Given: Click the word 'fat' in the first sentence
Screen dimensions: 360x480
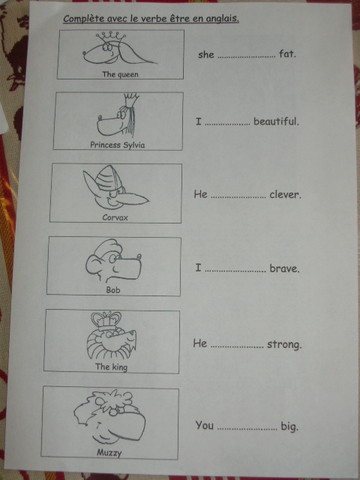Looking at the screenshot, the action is tap(286, 54).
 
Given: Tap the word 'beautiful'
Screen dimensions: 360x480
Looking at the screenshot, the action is tap(275, 121).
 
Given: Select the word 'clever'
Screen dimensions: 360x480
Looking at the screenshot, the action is tap(285, 194).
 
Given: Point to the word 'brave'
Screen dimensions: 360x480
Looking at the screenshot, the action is tap(283, 268).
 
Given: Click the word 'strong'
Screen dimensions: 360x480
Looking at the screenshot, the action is tap(283, 344).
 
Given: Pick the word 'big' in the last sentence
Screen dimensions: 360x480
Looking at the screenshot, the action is tap(289, 427).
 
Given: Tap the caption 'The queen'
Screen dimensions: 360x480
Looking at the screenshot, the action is tap(120, 75).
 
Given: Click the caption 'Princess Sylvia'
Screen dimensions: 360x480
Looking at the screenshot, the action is tap(118, 145).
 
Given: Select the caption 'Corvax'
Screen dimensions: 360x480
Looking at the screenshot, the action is tap(115, 217).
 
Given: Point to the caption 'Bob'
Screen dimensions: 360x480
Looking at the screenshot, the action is tap(113, 289).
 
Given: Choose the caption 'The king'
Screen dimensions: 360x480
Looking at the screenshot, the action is tap(111, 367).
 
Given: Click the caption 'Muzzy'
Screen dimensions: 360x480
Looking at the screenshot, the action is tap(109, 452).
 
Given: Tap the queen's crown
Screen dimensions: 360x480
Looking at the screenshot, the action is tap(110, 37).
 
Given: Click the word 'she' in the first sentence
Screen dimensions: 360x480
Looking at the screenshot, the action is tap(205, 55).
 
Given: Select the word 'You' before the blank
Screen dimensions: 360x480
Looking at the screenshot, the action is tap(205, 425).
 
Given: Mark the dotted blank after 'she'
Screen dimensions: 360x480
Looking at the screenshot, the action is tap(246, 57).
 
